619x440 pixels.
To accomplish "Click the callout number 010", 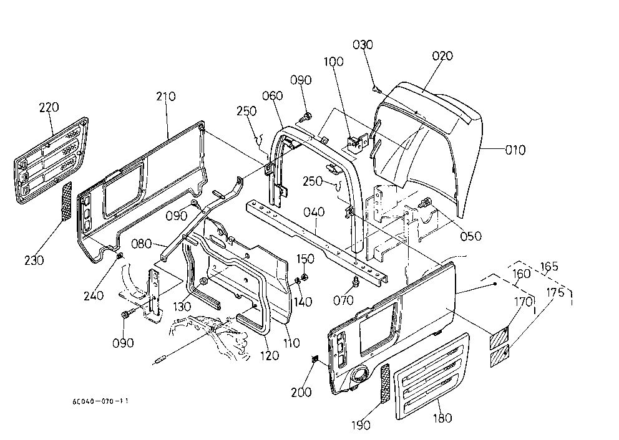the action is point(515,150).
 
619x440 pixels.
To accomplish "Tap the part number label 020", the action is point(442,56).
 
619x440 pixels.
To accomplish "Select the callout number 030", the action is point(363,44).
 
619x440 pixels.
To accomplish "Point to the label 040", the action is point(314,212).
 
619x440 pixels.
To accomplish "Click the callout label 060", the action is point(273,96).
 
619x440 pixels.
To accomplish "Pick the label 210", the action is point(166,97).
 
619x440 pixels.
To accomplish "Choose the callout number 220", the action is point(49,107).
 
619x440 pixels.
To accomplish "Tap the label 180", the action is point(442,418).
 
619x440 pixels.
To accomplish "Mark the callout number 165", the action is point(549,267).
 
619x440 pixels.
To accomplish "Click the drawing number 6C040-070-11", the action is point(100,401).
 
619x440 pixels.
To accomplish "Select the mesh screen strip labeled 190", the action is point(384,383).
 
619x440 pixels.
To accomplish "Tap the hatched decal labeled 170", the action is point(499,338).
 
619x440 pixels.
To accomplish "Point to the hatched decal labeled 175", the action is point(499,356).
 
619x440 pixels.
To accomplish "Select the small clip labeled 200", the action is point(315,358).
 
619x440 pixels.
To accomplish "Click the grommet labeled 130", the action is point(204,282).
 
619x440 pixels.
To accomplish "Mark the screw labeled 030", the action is point(377,90).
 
